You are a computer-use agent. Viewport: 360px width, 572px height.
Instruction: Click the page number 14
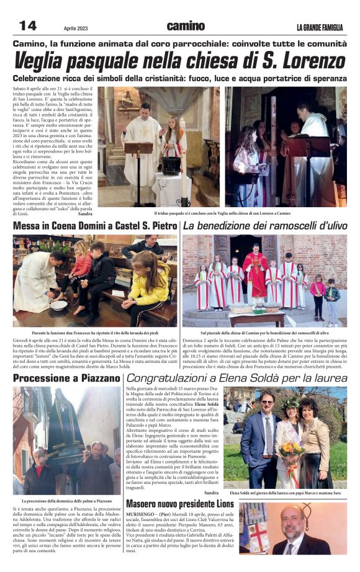[27, 25]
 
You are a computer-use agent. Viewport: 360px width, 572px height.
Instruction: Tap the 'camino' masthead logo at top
[185, 26]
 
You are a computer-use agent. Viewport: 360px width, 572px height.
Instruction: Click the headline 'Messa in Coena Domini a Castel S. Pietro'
[95, 226]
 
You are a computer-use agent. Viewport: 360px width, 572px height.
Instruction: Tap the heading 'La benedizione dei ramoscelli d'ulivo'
[265, 226]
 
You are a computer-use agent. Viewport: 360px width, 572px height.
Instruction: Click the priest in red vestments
[255, 273]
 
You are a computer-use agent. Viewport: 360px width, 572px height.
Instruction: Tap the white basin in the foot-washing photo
[60, 304]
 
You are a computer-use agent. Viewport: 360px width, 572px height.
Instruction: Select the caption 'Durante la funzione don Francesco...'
[94, 333]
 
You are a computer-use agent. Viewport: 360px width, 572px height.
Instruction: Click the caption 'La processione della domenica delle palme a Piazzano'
[66, 500]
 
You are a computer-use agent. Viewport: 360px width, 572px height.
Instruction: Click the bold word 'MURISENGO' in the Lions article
[142, 514]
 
